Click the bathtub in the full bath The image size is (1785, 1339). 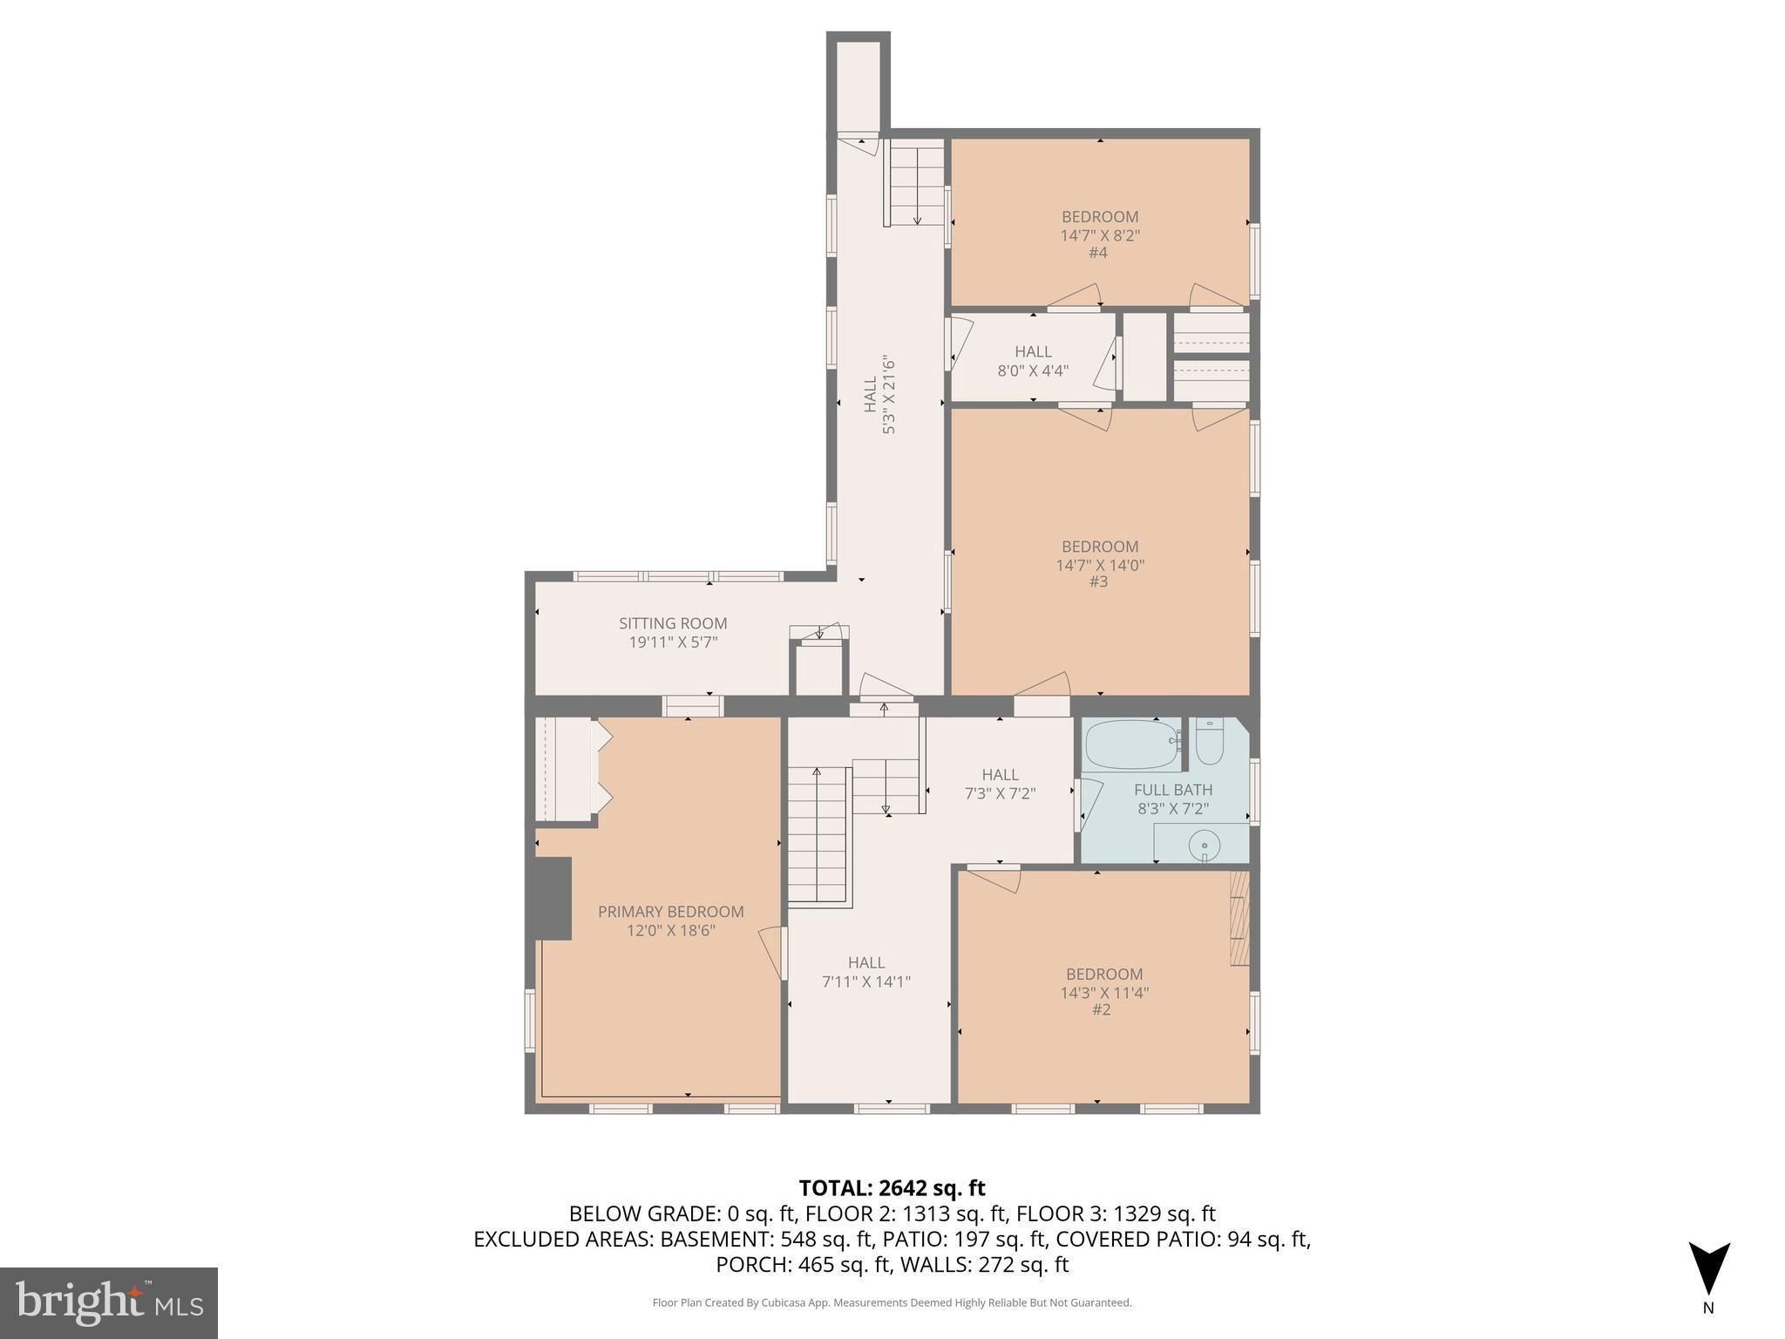tap(1130, 745)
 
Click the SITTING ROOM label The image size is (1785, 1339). tap(673, 623)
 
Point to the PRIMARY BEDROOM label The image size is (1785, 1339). tap(670, 912)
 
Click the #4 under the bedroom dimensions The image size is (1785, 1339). tap(1098, 253)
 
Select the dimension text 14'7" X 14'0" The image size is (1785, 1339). tap(1100, 565)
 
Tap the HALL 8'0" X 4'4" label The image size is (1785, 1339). tap(1033, 360)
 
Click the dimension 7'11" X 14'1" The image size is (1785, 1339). tap(866, 982)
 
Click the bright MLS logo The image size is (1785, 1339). tap(109, 1303)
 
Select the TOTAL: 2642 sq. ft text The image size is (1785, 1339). tap(892, 1188)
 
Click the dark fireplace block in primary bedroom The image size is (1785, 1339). tap(552, 898)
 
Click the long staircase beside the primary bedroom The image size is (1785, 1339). tap(817, 837)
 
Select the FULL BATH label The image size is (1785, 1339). tap(1172, 790)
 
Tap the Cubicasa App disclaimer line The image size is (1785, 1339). tap(892, 1303)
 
